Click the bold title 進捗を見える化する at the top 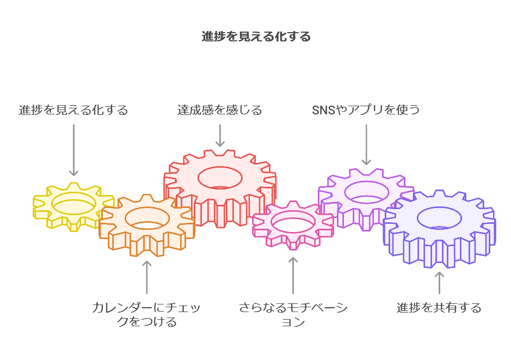pos(256,37)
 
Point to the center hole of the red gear pos(220,178)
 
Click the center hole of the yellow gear pos(74,203)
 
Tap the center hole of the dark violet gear pos(439,218)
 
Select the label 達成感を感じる pos(220,110)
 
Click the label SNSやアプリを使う pos(366,110)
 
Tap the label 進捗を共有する pos(439,308)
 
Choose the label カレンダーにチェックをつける pos(146,315)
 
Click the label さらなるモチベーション pos(293,315)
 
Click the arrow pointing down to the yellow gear pos(74,150)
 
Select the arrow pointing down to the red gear pos(220,135)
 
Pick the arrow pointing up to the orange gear pos(146,278)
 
